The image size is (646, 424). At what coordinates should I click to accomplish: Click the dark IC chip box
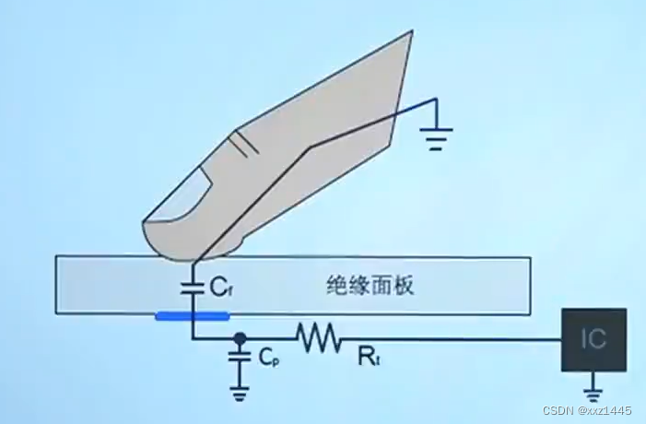click(594, 339)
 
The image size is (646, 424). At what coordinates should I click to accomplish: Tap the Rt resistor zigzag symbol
click(318, 338)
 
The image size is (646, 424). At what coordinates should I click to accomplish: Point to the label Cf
click(219, 288)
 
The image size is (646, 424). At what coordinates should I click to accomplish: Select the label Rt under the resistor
click(366, 354)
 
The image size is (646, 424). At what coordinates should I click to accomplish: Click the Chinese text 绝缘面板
click(370, 285)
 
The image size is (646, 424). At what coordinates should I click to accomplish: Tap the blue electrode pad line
click(192, 316)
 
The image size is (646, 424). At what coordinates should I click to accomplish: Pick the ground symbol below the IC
click(594, 386)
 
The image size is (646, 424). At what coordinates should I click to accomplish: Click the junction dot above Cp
click(240, 338)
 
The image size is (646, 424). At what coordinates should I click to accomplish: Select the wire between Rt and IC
click(452, 339)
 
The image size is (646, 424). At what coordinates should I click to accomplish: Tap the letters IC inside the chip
click(594, 339)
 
